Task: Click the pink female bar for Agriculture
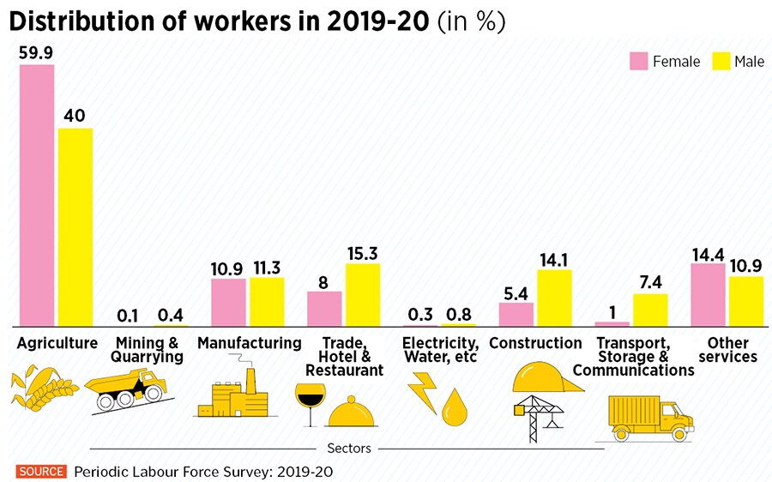point(37,196)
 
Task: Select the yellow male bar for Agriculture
point(75,227)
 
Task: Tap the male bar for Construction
point(554,298)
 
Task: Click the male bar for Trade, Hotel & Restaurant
point(362,294)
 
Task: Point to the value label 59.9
point(37,52)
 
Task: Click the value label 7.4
point(650,281)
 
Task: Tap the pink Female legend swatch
point(638,61)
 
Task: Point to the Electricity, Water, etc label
point(440,350)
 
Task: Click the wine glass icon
point(310,402)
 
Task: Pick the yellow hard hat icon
point(546,375)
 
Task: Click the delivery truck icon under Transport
point(648,418)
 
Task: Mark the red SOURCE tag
point(40,471)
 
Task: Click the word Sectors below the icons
point(349,448)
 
